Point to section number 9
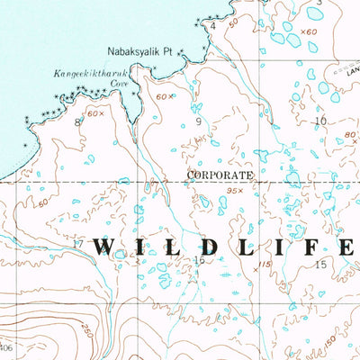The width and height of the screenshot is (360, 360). [197, 120]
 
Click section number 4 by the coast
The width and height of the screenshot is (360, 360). [213, 26]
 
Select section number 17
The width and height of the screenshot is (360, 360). [77, 244]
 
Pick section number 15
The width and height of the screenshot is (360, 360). [320, 264]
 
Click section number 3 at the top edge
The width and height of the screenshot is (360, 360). [319, 4]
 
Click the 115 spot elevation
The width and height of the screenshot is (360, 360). [263, 262]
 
